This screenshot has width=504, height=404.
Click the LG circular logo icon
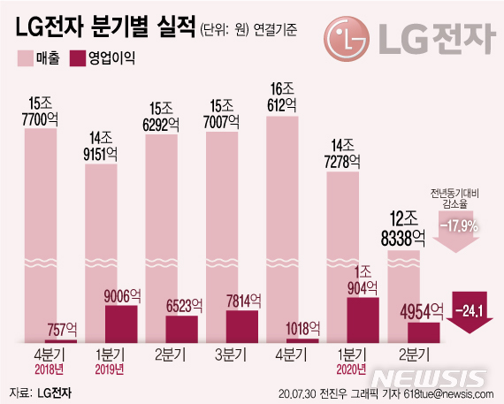pyautogui.click(x=345, y=39)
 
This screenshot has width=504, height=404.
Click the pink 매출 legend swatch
pyautogui.click(x=25, y=59)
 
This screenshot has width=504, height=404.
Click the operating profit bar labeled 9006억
pyautogui.click(x=121, y=324)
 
